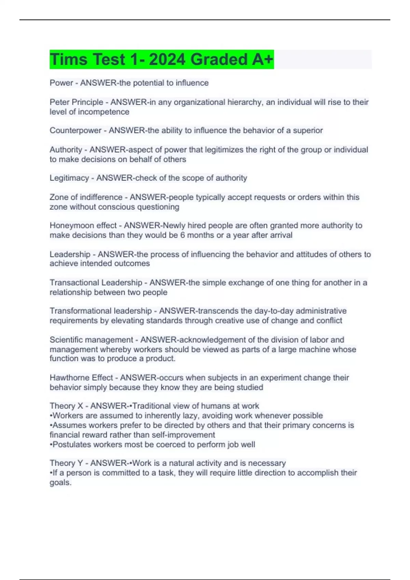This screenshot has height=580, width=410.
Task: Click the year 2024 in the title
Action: pyautogui.click(x=167, y=59)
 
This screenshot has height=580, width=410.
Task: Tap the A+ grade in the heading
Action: pyautogui.click(x=262, y=59)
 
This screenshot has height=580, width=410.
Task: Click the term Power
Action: pyautogui.click(x=61, y=83)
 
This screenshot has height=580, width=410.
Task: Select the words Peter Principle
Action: pyautogui.click(x=76, y=102)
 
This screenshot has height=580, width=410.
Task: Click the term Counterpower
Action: pyautogui.click(x=75, y=130)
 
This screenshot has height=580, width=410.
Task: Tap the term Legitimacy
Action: pyautogui.click(x=69, y=178)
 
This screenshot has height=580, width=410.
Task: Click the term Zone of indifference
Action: pyautogui.click(x=86, y=197)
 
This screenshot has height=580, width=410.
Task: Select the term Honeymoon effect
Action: pyautogui.click(x=83, y=226)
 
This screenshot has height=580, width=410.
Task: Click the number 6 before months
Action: pyautogui.click(x=182, y=235)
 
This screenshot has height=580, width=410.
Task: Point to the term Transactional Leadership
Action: pyautogui.click(x=96, y=282)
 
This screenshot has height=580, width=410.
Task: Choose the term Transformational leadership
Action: pyautogui.click(x=100, y=311)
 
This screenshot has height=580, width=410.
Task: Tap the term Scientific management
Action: pyautogui.click(x=91, y=340)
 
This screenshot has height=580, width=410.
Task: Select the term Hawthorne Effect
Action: pyautogui.click(x=81, y=378)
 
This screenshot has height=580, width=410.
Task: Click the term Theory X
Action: pyautogui.click(x=66, y=406)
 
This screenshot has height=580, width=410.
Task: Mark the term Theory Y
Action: pyautogui.click(x=66, y=463)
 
